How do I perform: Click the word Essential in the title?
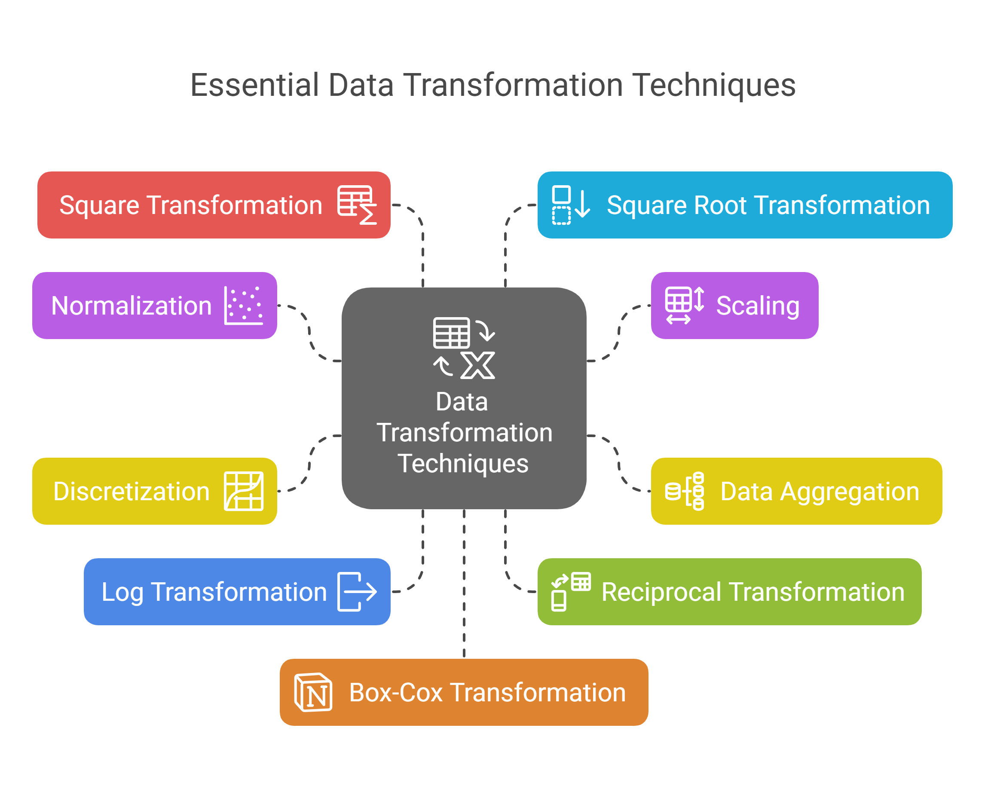coord(254,85)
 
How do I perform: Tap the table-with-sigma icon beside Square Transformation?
coord(357,205)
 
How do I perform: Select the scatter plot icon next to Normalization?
coord(244,306)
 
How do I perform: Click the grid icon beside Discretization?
coord(244,491)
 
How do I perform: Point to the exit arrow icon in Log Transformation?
coord(357,592)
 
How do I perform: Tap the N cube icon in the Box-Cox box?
coord(313,692)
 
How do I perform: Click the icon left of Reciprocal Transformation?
coord(571,592)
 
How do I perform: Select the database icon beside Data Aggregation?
coord(684,491)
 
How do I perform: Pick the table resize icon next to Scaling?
coord(684,306)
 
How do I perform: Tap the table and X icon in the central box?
coord(464,348)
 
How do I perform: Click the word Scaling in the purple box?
coord(758,306)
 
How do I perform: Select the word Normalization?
coord(132,306)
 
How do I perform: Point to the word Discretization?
coord(132,491)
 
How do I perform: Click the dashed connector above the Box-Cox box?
coord(464,584)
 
